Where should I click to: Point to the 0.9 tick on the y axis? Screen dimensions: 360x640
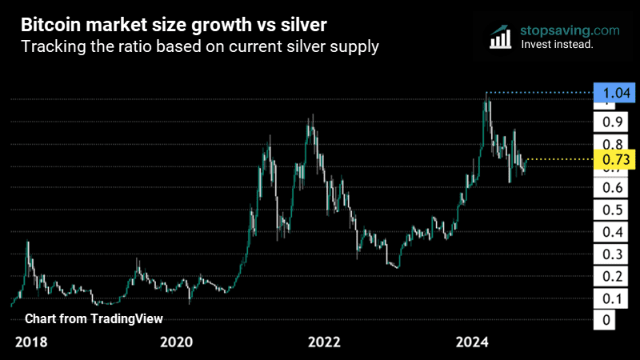[x=614, y=122]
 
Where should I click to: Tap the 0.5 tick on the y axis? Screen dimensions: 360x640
[x=614, y=210]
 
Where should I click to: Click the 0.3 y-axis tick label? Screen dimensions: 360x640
[x=614, y=254]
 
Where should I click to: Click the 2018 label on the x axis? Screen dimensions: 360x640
[x=32, y=342]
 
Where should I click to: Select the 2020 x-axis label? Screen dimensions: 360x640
[x=177, y=342]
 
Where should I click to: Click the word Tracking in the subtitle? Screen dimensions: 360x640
[x=50, y=47]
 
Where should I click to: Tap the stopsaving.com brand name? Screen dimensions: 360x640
[x=569, y=30]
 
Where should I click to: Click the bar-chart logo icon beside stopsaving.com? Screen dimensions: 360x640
[x=501, y=36]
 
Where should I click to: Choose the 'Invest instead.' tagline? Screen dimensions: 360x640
[x=556, y=45]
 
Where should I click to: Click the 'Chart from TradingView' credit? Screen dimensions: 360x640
[x=94, y=318]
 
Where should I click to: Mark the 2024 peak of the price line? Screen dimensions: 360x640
[x=486, y=94]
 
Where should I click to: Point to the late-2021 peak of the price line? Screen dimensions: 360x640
[x=312, y=116]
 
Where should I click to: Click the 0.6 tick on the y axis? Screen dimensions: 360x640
[x=614, y=188]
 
